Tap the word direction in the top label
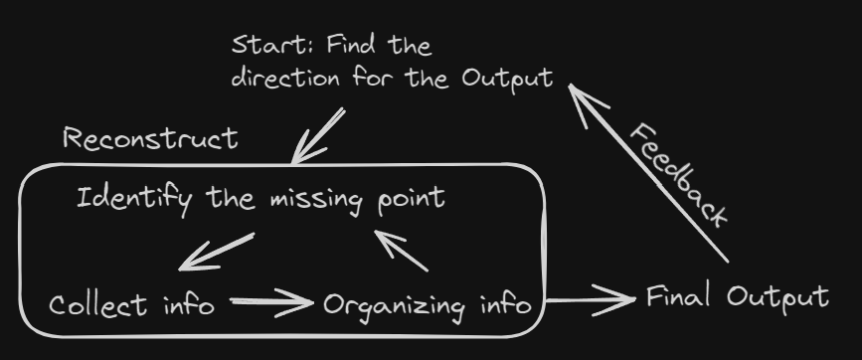click(x=285, y=78)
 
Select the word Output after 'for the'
click(x=507, y=80)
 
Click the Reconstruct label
click(x=151, y=138)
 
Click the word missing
click(x=316, y=200)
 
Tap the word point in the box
click(x=412, y=199)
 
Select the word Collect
click(x=97, y=305)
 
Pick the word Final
click(x=678, y=296)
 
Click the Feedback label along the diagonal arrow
click(x=678, y=175)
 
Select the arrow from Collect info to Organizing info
click(x=271, y=301)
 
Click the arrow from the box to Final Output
click(x=591, y=300)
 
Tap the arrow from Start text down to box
click(x=318, y=136)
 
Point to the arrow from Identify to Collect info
click(x=216, y=252)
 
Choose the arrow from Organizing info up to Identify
click(x=401, y=251)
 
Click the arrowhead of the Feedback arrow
click(x=583, y=100)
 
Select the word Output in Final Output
click(x=777, y=298)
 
